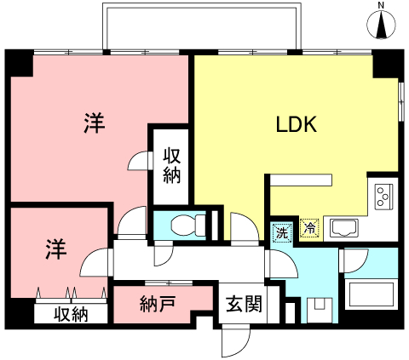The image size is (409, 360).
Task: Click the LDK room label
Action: [x=297, y=125]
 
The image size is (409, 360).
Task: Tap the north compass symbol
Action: [x=381, y=24]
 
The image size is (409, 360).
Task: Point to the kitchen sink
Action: [x=344, y=228]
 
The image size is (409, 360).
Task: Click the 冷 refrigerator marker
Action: [x=309, y=227]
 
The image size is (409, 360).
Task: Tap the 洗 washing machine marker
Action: [x=282, y=233]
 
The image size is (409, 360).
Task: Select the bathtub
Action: [x=371, y=294]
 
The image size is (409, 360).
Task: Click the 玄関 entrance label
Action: [x=244, y=304]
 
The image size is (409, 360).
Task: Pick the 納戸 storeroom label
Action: [x=158, y=304]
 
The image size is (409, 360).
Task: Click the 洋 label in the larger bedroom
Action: [x=95, y=123]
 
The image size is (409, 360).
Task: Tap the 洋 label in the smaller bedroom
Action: [x=56, y=249]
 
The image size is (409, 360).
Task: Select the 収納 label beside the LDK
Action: [x=171, y=166]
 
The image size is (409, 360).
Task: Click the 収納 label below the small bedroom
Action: [x=71, y=314]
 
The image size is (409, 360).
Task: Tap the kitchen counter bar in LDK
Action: [x=301, y=180]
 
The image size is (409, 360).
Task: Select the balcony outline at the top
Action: [x=202, y=6]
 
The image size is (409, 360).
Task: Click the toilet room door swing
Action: [x=164, y=254]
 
